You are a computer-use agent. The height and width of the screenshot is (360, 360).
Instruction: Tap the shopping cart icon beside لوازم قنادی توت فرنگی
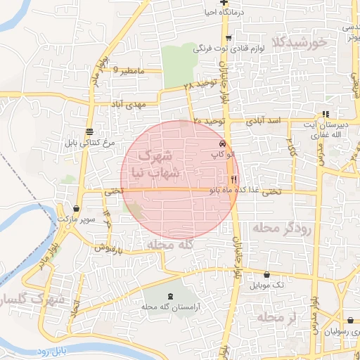tap(229, 39)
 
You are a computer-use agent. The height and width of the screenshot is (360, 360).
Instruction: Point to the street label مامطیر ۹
tap(129, 72)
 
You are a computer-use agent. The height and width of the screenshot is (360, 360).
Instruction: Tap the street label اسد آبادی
tap(265, 121)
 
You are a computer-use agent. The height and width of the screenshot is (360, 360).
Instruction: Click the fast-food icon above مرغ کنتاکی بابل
tap(89, 131)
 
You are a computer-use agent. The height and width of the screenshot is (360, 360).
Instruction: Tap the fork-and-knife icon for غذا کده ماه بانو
tap(233, 179)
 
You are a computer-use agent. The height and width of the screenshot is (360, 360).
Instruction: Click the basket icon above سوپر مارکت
tap(76, 209)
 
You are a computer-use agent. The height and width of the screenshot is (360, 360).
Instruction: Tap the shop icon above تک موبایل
tap(267, 274)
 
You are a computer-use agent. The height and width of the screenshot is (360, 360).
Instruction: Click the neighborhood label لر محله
tap(278, 318)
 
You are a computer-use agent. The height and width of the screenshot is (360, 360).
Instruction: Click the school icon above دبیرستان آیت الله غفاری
tap(325, 114)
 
